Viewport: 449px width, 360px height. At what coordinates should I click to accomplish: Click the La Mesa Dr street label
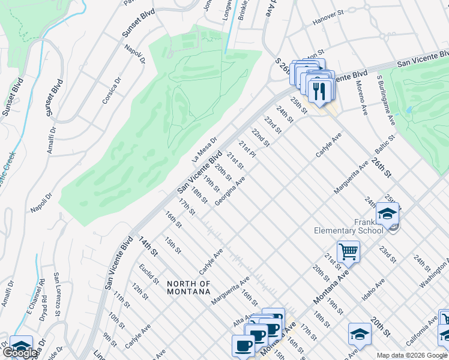point(203,149)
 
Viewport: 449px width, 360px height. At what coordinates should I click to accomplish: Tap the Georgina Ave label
point(231,191)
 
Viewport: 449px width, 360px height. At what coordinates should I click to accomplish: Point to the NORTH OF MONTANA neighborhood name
point(188,287)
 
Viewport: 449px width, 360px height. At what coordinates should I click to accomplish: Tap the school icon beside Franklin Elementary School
point(388,214)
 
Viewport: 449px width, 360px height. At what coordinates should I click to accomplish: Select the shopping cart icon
point(348,251)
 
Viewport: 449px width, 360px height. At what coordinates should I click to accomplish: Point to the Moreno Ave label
point(363,101)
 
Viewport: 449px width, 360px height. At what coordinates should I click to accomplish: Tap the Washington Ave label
point(435,272)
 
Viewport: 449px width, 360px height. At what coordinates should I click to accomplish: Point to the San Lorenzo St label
point(57,289)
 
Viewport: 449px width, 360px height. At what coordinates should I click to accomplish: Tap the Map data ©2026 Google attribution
point(412,355)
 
